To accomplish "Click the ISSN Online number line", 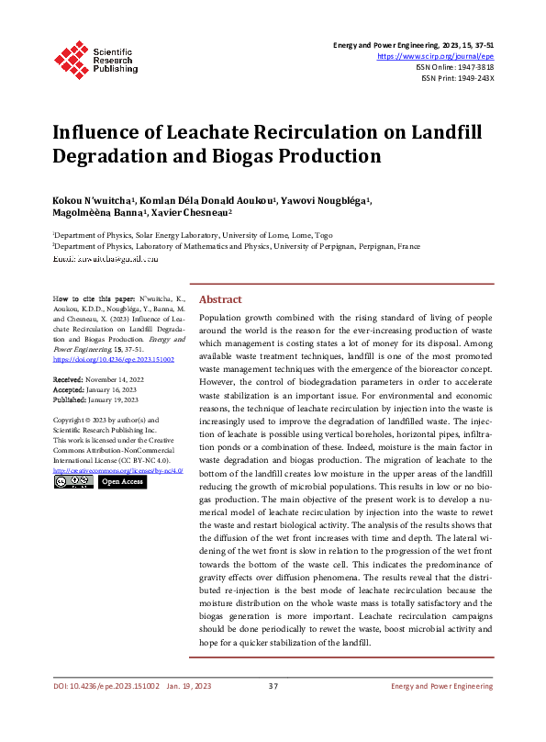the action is pyautogui.click(x=455, y=66).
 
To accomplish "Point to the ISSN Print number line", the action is pyautogui.click(x=457, y=77).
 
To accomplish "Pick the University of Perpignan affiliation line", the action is pyautogui.click(x=237, y=247).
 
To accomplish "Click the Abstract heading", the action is pyautogui.click(x=220, y=299).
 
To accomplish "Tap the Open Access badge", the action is pyautogui.click(x=122, y=481).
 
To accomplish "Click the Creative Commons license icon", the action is pyautogui.click(x=72, y=481).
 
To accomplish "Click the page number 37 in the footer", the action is pyautogui.click(x=273, y=712).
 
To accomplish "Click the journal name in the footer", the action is pyautogui.click(x=441, y=712).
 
